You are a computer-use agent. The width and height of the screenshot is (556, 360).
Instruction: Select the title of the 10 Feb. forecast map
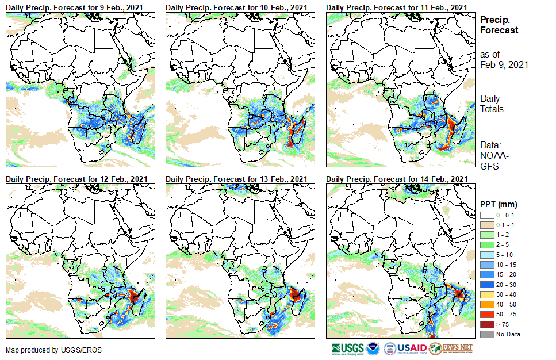tap(236, 7)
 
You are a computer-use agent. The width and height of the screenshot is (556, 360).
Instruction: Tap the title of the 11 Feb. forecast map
tap(396, 7)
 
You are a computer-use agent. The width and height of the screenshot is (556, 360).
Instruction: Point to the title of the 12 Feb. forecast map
tap(76, 179)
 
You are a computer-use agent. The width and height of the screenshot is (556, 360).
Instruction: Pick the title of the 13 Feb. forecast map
tap(236, 179)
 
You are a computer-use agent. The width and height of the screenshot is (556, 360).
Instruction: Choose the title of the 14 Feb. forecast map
tap(396, 179)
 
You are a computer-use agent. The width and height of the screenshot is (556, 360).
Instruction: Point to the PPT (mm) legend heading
tap(499, 204)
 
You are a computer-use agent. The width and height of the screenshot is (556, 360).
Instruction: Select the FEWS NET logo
tap(451, 348)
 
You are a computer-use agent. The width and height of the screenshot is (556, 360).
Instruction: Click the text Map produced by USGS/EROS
tap(43, 350)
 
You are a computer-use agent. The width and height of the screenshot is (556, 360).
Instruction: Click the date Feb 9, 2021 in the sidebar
tap(504, 64)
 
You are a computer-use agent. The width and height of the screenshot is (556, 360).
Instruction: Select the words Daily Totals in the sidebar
tap(492, 104)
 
